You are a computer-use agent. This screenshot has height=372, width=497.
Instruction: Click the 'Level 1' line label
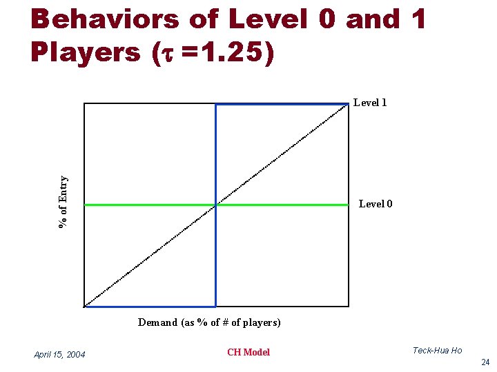[370, 103]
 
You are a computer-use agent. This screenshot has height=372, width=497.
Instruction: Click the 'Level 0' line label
[376, 204]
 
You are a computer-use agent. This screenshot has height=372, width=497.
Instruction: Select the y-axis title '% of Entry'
[64, 202]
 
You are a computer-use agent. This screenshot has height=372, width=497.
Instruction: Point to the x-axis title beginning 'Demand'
[209, 322]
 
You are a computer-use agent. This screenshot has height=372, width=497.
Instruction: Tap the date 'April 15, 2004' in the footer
[59, 354]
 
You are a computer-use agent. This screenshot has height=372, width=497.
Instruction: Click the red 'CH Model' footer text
[248, 352]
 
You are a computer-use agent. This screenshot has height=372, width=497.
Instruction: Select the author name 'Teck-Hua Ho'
[437, 351]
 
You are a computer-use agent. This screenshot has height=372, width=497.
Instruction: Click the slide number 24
[485, 362]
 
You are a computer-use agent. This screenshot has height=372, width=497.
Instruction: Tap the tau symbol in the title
[166, 54]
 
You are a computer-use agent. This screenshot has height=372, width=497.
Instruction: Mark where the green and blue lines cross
[216, 205]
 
